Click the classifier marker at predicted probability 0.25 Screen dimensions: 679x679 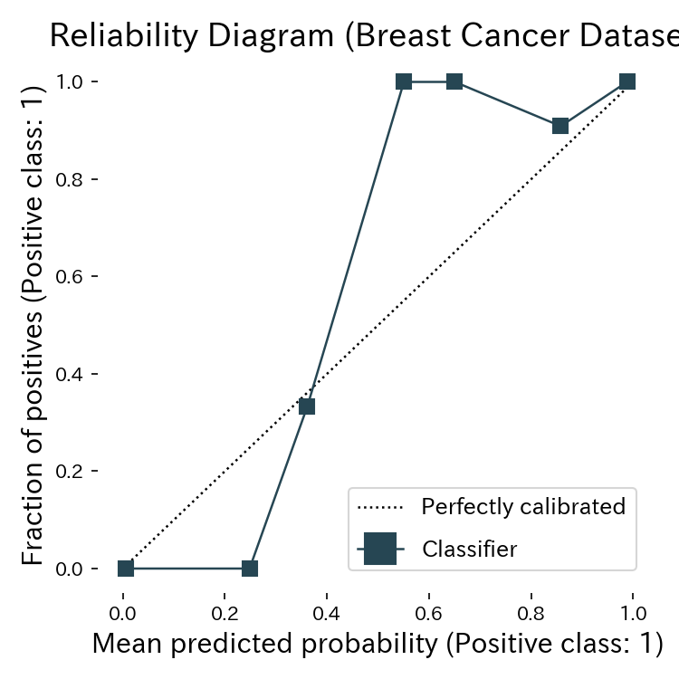tap(250, 569)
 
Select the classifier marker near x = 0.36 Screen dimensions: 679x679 tap(307, 406)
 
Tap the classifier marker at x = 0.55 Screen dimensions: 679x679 tap(404, 81)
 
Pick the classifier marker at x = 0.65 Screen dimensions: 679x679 tap(454, 81)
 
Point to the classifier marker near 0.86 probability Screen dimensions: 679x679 tap(560, 126)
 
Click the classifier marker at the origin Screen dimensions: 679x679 tap(126, 569)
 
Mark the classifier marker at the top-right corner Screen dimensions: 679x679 tap(627, 81)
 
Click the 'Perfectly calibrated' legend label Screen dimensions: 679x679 tap(523, 506)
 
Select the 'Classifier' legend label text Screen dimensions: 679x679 tap(470, 549)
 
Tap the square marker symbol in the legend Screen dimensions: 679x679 tap(380, 549)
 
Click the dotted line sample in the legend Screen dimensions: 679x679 tap(380, 506)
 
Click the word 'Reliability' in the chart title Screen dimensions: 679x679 tap(119, 35)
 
